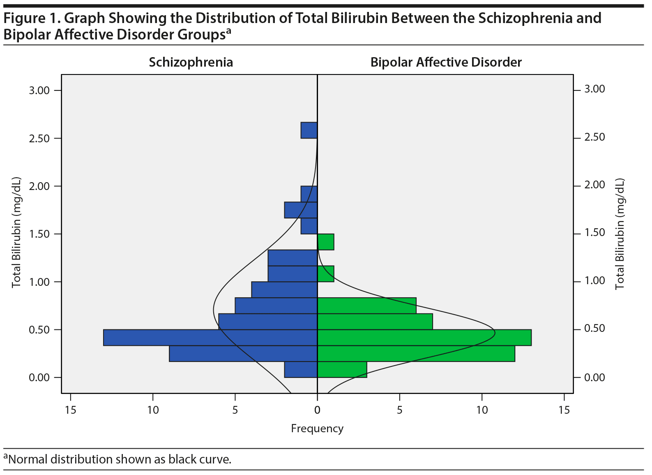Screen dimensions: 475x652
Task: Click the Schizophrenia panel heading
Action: tap(191, 62)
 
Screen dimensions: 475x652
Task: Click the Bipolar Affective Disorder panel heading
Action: tap(446, 62)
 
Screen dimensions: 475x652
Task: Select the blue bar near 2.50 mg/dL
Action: tap(309, 130)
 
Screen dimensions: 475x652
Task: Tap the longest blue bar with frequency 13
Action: tap(210, 338)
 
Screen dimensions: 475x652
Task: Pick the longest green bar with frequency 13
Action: tap(424, 338)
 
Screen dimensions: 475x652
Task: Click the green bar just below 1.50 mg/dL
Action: tap(326, 242)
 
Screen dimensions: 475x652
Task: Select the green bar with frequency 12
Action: tap(416, 354)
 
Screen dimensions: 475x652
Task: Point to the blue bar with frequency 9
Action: tap(243, 354)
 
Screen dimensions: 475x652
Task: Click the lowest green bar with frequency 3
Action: tap(342, 369)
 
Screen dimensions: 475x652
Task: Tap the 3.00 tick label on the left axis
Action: tap(39, 90)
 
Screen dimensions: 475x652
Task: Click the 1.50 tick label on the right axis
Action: tap(594, 233)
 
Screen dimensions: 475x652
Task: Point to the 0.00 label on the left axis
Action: tap(39, 378)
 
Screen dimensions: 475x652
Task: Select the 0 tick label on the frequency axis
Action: tap(317, 410)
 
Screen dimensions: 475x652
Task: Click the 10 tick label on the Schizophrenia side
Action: tap(153, 410)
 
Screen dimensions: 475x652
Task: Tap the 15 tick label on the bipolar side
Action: tap(564, 410)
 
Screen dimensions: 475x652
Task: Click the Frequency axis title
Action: tap(317, 429)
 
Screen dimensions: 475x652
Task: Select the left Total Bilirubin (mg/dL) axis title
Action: tap(16, 233)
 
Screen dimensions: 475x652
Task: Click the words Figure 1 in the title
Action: tap(31, 19)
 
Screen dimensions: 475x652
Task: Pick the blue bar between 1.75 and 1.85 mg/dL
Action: tap(301, 210)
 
